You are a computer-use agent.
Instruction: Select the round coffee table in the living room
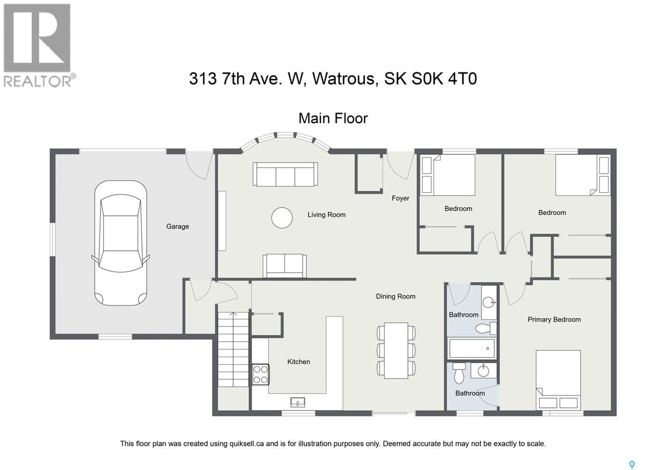tap(282, 218)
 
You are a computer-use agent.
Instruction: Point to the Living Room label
tap(326, 215)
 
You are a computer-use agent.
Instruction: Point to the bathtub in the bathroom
tap(472, 348)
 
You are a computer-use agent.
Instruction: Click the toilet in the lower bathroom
tap(459, 374)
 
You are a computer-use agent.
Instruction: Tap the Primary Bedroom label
tap(554, 319)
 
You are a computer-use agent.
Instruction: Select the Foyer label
tap(400, 198)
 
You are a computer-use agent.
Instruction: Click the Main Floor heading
tap(333, 118)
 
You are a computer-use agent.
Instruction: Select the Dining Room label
tap(395, 296)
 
